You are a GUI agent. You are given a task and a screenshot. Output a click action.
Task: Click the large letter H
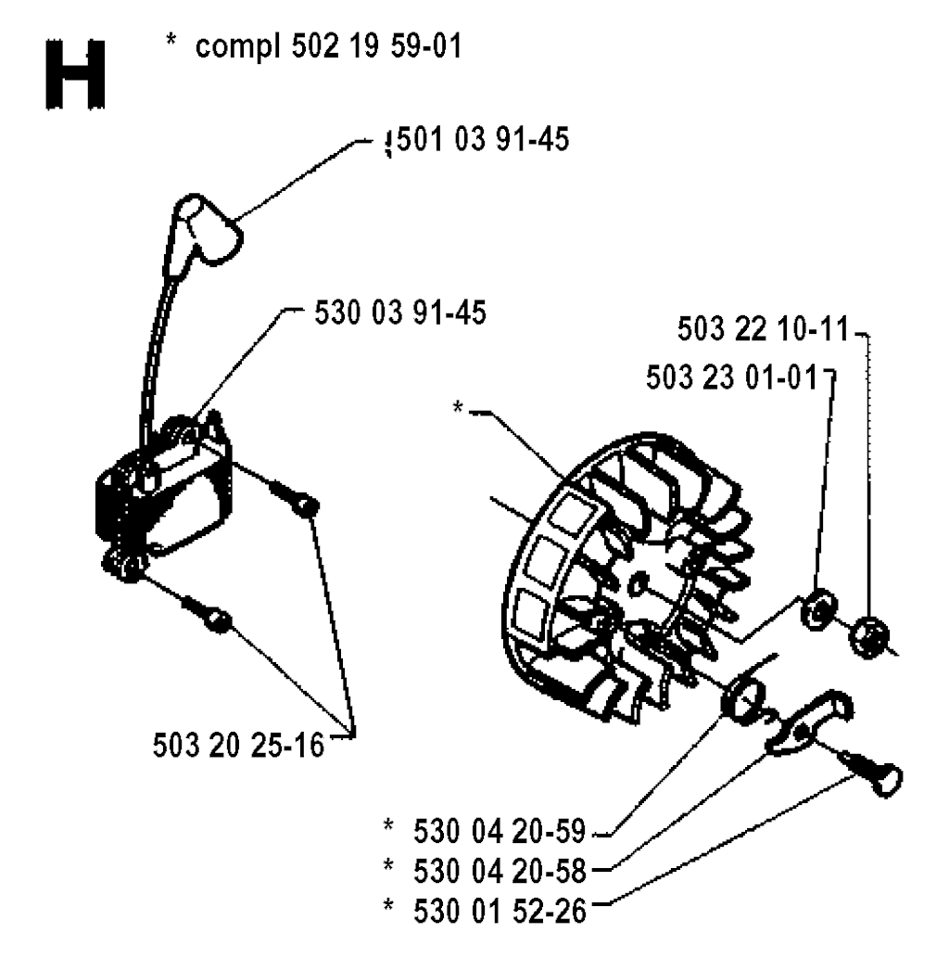tap(75, 75)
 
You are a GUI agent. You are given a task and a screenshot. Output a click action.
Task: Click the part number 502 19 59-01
tap(377, 46)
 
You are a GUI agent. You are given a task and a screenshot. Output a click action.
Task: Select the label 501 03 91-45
tap(482, 139)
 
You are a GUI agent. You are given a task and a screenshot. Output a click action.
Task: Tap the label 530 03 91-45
tap(400, 313)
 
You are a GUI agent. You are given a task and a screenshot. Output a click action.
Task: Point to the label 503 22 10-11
tap(763, 328)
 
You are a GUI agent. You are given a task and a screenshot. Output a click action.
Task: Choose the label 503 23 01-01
tap(731, 377)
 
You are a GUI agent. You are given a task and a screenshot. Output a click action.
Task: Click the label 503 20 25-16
tap(238, 745)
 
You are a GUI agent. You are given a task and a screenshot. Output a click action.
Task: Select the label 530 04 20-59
tap(500, 831)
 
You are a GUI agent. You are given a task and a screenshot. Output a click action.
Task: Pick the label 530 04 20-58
tap(500, 871)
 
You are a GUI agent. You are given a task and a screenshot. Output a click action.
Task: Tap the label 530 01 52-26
tap(500, 911)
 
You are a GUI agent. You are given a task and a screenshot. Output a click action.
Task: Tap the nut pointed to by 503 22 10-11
tap(869, 637)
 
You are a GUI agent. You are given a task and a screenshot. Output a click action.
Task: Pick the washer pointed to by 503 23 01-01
tap(817, 607)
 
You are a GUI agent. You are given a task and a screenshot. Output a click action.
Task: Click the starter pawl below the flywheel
tap(809, 722)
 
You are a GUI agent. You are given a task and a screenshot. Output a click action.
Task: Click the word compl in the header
tap(237, 48)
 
